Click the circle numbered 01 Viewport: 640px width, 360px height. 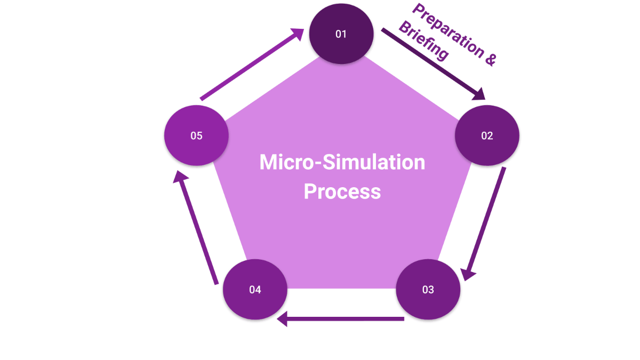click(x=341, y=34)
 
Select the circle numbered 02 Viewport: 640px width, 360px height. click(x=486, y=135)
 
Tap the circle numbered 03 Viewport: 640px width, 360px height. click(x=428, y=290)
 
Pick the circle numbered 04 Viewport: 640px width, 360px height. click(x=255, y=290)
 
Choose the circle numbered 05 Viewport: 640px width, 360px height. click(x=196, y=135)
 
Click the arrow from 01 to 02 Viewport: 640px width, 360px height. click(x=431, y=64)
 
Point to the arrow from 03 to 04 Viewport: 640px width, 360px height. click(x=341, y=319)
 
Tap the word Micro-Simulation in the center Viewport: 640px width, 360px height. click(x=342, y=162)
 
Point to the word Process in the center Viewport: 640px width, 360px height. click(x=342, y=191)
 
